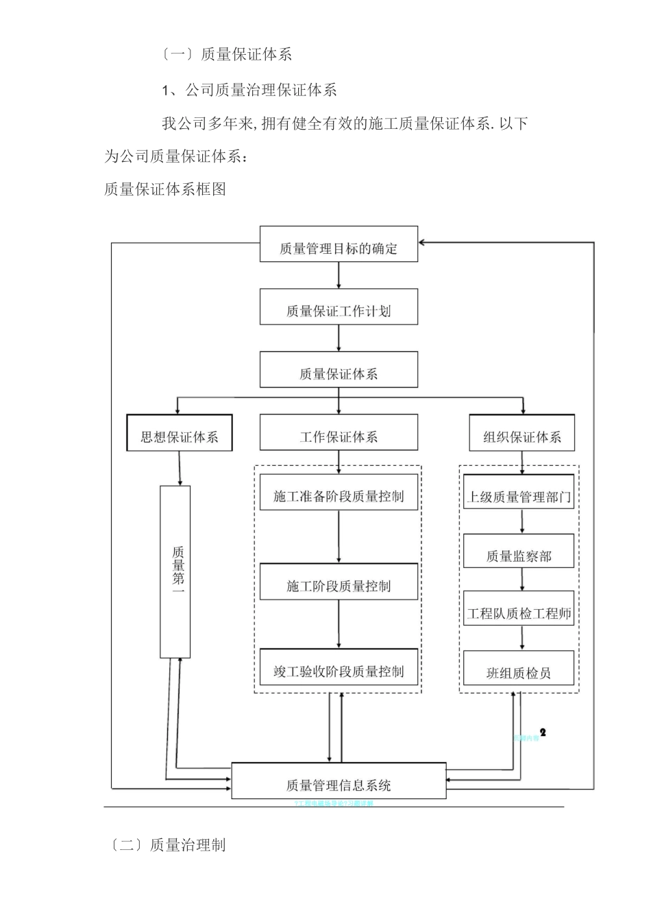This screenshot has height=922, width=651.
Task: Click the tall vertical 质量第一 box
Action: [x=175, y=571]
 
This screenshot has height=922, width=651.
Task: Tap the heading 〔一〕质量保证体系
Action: [x=227, y=54]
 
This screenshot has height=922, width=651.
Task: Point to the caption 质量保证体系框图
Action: [x=165, y=189]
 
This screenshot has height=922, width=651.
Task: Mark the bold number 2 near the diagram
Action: [x=543, y=733]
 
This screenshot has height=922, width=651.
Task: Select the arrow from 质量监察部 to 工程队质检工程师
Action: [x=523, y=580]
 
